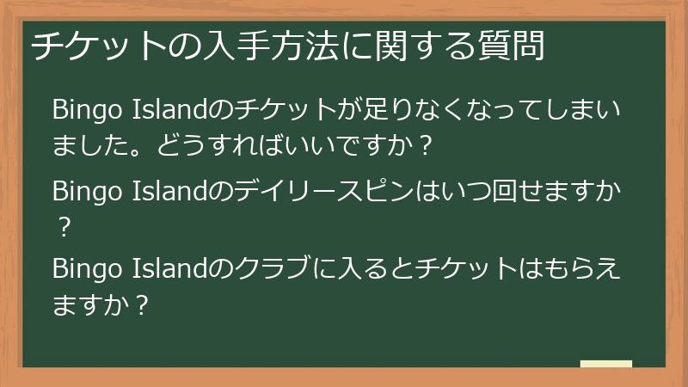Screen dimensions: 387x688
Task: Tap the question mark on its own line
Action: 62,225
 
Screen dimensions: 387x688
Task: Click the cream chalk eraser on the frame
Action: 605,364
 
